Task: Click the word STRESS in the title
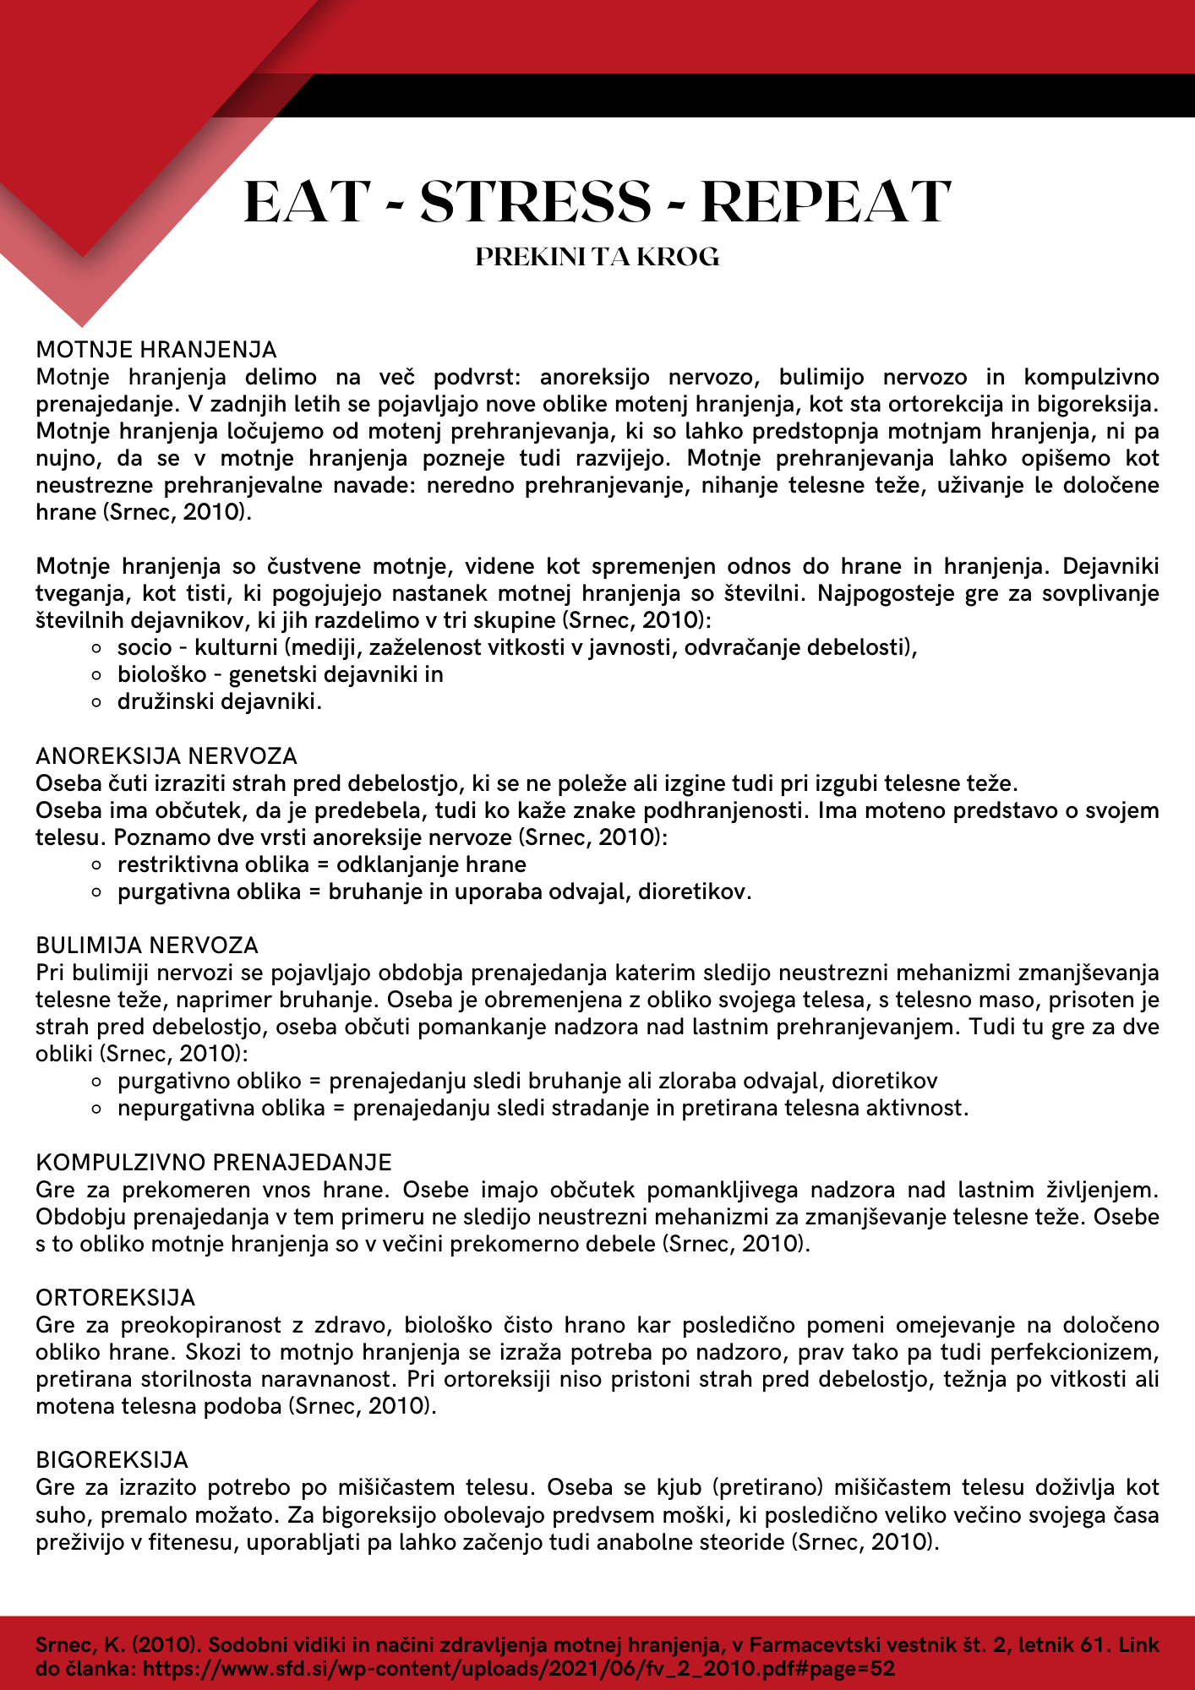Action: [536, 203]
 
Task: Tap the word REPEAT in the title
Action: [826, 203]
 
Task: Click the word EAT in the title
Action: [307, 203]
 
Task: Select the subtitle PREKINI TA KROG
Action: [597, 257]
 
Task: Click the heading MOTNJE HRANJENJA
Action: [156, 350]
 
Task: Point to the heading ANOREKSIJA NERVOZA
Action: [166, 755]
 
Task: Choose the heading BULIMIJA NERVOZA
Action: [147, 945]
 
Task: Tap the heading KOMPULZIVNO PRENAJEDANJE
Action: [214, 1163]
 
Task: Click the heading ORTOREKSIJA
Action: [116, 1297]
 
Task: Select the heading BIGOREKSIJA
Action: [112, 1459]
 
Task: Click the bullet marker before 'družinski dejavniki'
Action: [98, 702]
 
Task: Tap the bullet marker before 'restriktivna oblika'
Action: [98, 865]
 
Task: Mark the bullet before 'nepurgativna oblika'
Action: [98, 1109]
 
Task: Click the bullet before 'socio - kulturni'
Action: [98, 648]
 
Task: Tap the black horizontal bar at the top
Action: [744, 95]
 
